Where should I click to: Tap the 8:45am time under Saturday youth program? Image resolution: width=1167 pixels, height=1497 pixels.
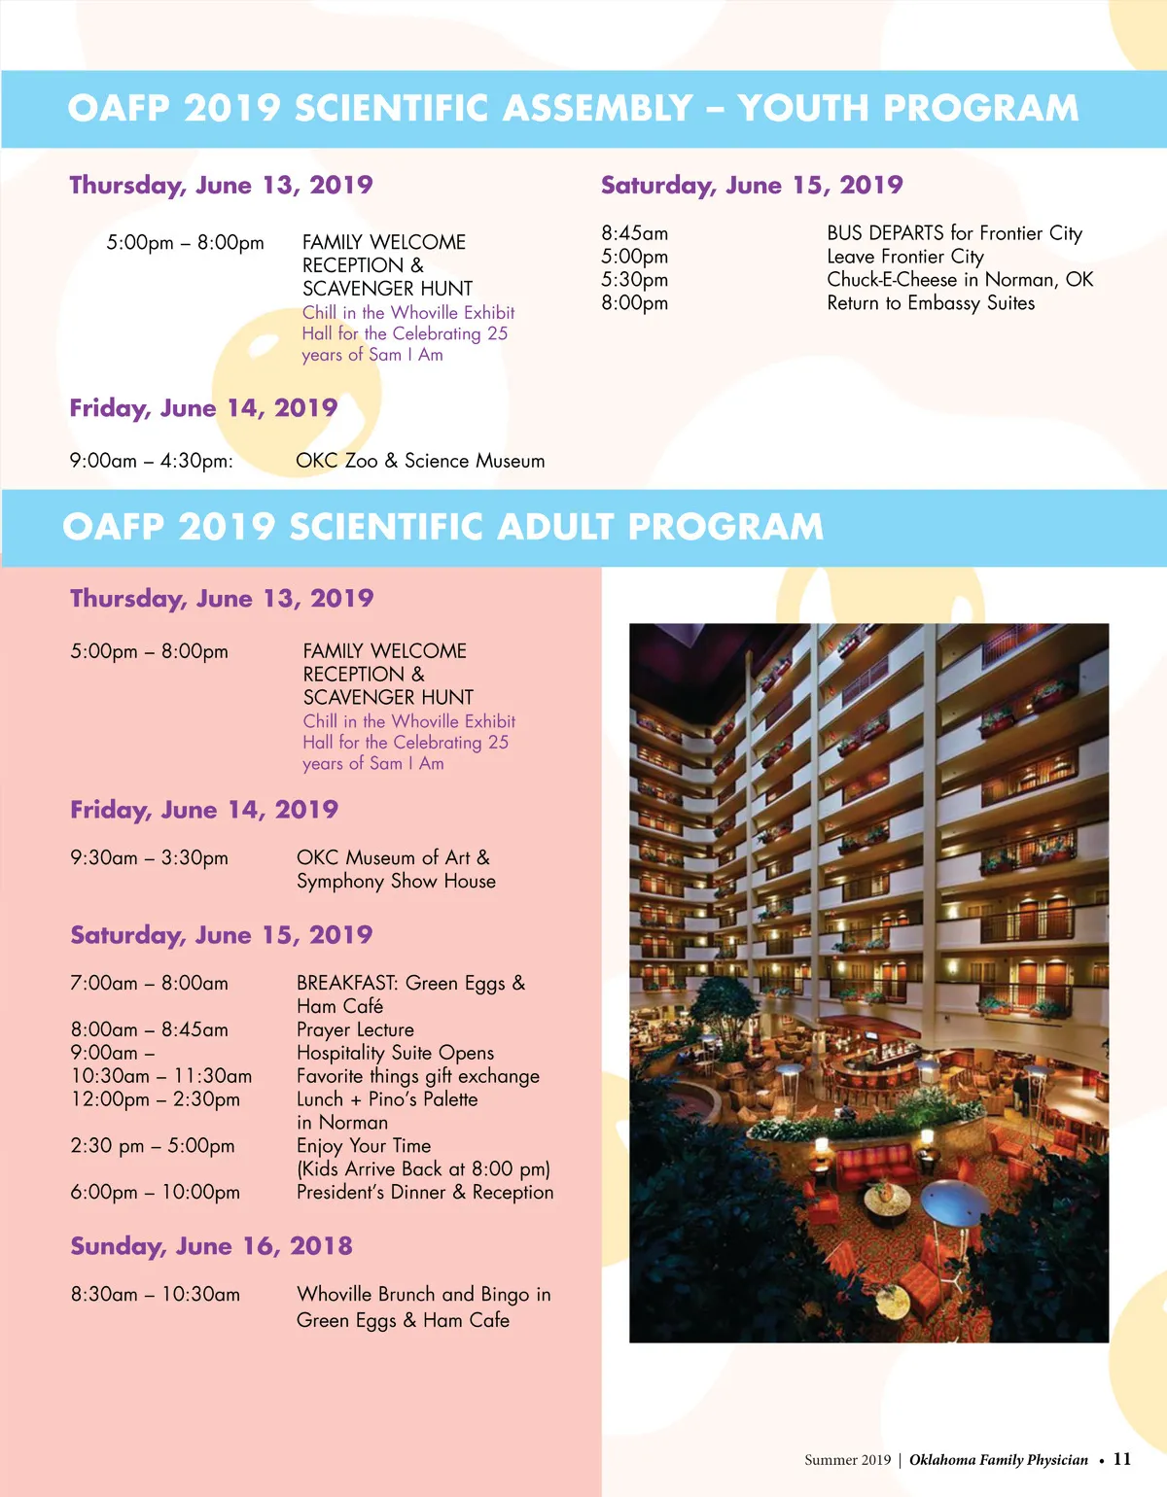point(634,233)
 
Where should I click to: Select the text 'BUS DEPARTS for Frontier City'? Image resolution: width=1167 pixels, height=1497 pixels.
point(954,233)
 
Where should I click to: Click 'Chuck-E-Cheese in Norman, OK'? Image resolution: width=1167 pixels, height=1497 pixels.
point(960,280)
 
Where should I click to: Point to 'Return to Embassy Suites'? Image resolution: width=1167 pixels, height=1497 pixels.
point(931,303)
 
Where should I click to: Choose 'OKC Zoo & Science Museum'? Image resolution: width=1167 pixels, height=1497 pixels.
point(420,461)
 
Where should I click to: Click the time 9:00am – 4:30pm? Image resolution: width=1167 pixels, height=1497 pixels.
point(151,461)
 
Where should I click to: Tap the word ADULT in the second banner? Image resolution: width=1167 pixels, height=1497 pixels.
point(552,527)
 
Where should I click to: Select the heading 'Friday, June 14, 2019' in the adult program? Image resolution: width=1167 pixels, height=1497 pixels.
point(204,810)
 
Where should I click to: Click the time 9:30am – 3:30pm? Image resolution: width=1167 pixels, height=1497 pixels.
point(149,857)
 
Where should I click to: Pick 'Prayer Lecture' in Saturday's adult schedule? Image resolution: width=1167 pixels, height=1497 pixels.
point(355,1029)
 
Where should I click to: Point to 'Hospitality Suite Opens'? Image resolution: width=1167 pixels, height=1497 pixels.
point(395,1053)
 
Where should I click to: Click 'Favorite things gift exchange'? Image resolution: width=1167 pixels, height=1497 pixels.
point(418,1076)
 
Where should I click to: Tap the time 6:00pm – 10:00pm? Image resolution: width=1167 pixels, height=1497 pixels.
point(155,1192)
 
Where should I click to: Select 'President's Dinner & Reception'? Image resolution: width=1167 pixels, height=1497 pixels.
point(425,1192)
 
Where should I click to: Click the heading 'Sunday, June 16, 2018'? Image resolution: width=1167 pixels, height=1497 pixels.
point(211,1246)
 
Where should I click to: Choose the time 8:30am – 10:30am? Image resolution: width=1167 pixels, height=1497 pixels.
point(155,1294)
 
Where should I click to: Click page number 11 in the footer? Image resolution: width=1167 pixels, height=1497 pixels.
point(1122,1459)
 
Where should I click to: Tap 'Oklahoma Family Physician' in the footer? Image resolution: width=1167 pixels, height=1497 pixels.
point(999,1460)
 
